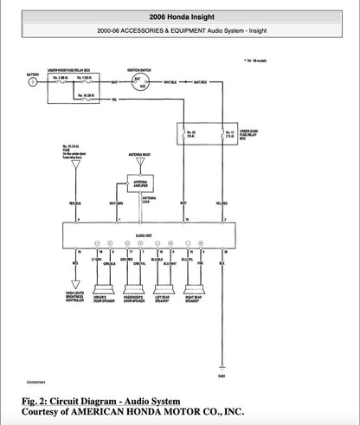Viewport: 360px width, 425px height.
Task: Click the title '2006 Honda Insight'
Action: pos(180,16)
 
